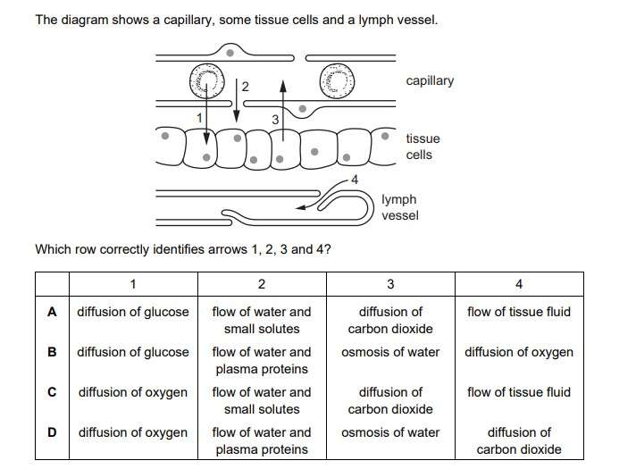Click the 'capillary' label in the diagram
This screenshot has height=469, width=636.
[429, 81]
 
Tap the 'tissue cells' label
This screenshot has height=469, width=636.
[423, 147]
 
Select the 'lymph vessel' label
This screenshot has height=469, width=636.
[398, 207]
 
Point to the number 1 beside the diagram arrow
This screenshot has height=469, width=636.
[201, 117]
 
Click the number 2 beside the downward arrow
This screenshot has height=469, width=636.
[245, 87]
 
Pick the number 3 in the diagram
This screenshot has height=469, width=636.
[275, 119]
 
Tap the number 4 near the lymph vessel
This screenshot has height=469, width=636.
[355, 180]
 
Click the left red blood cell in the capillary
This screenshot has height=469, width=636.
[206, 83]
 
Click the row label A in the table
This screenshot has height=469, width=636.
[53, 312]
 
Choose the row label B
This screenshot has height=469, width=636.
[53, 352]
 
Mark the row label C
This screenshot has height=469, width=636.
[53, 392]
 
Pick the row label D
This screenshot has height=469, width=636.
[53, 432]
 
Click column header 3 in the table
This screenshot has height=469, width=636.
[390, 284]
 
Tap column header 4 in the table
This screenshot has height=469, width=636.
[519, 284]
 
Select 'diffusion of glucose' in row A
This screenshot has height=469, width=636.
[133, 312]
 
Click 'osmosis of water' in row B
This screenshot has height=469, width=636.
[390, 352]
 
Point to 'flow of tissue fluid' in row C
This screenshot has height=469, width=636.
[519, 392]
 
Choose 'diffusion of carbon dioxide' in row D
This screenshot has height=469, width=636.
[519, 440]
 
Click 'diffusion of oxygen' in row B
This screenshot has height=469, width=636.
[519, 352]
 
